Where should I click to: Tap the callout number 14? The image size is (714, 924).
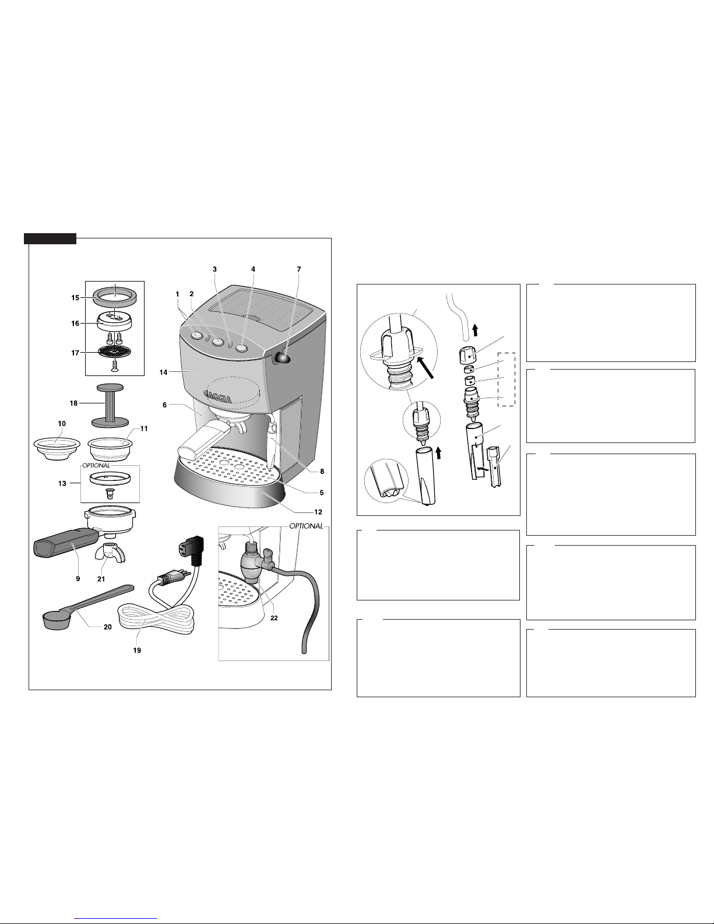point(164,373)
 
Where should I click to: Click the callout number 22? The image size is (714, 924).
point(274,618)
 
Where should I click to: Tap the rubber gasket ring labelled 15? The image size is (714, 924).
point(115,296)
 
